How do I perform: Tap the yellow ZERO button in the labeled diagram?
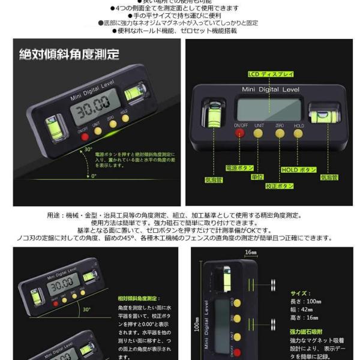279,133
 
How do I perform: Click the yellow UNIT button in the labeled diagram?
259,133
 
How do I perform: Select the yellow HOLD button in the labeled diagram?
299,133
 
